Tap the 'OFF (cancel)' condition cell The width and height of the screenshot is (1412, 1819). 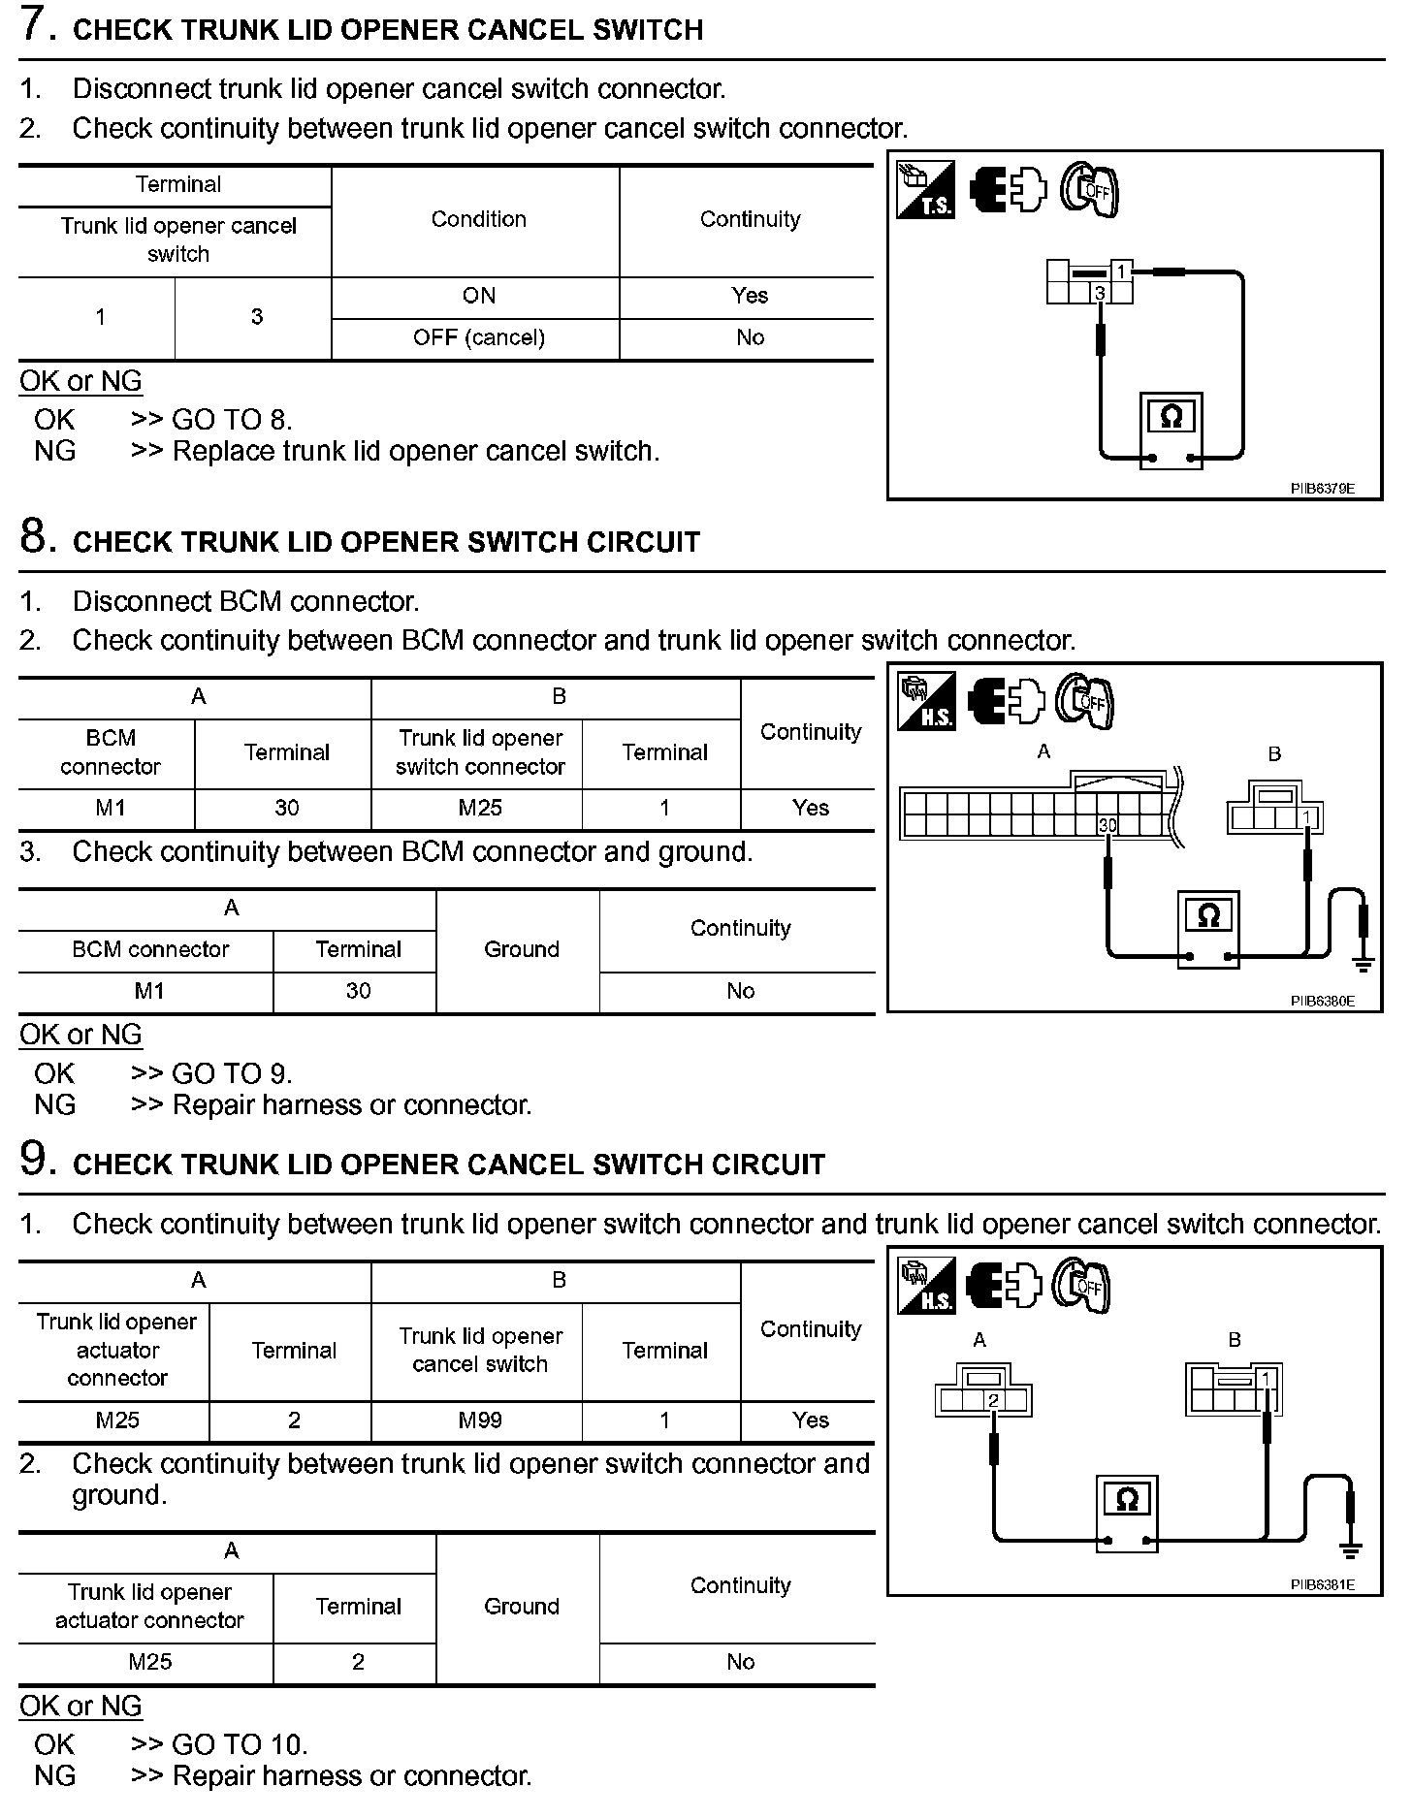pos(478,337)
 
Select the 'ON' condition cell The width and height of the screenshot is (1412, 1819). pos(478,296)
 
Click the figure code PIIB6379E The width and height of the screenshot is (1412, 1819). pos(1322,489)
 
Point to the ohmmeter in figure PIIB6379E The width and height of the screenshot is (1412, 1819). pos(1171,431)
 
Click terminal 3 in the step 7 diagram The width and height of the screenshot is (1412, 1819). pos(1100,293)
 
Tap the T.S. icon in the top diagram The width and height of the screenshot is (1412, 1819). pos(925,189)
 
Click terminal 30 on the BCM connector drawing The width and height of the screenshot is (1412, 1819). pos(1107,825)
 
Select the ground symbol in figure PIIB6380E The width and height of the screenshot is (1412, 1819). pos(1364,964)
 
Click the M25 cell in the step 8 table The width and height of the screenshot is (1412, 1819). pos(480,808)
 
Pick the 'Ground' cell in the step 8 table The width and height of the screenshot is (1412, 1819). pos(521,949)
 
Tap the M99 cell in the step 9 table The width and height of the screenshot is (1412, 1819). pos(480,1420)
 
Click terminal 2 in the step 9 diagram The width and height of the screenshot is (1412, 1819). pos(992,1400)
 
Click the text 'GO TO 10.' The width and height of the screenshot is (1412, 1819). pos(240,1745)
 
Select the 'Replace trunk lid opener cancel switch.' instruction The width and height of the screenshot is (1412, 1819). pos(415,451)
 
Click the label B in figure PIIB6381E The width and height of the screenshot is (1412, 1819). pos(1235,1340)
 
